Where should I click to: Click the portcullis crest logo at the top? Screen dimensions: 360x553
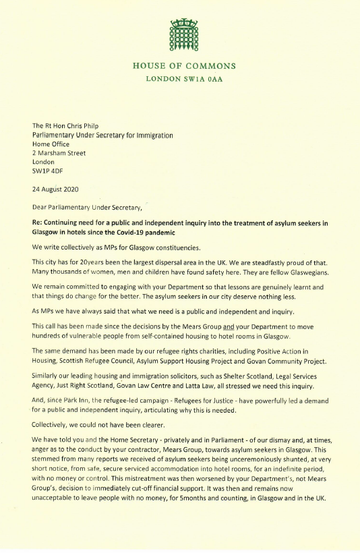pos(184,36)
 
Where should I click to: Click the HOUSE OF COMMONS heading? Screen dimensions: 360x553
pos(184,66)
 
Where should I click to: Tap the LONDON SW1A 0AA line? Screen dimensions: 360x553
pos(184,79)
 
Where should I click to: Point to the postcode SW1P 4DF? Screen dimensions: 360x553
pos(50,170)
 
